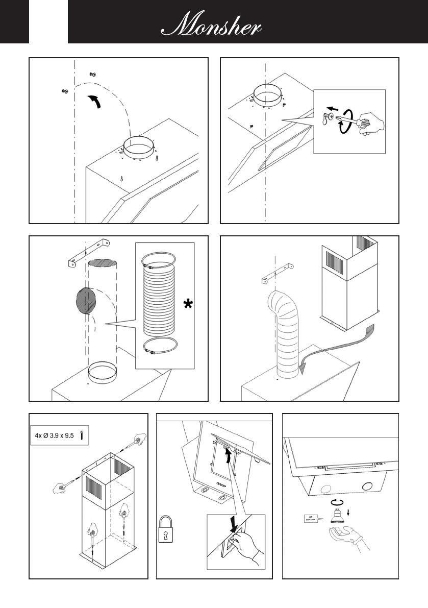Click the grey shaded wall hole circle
86,301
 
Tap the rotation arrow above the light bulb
337,502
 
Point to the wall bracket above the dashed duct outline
89,252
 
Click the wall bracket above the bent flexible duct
278,273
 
